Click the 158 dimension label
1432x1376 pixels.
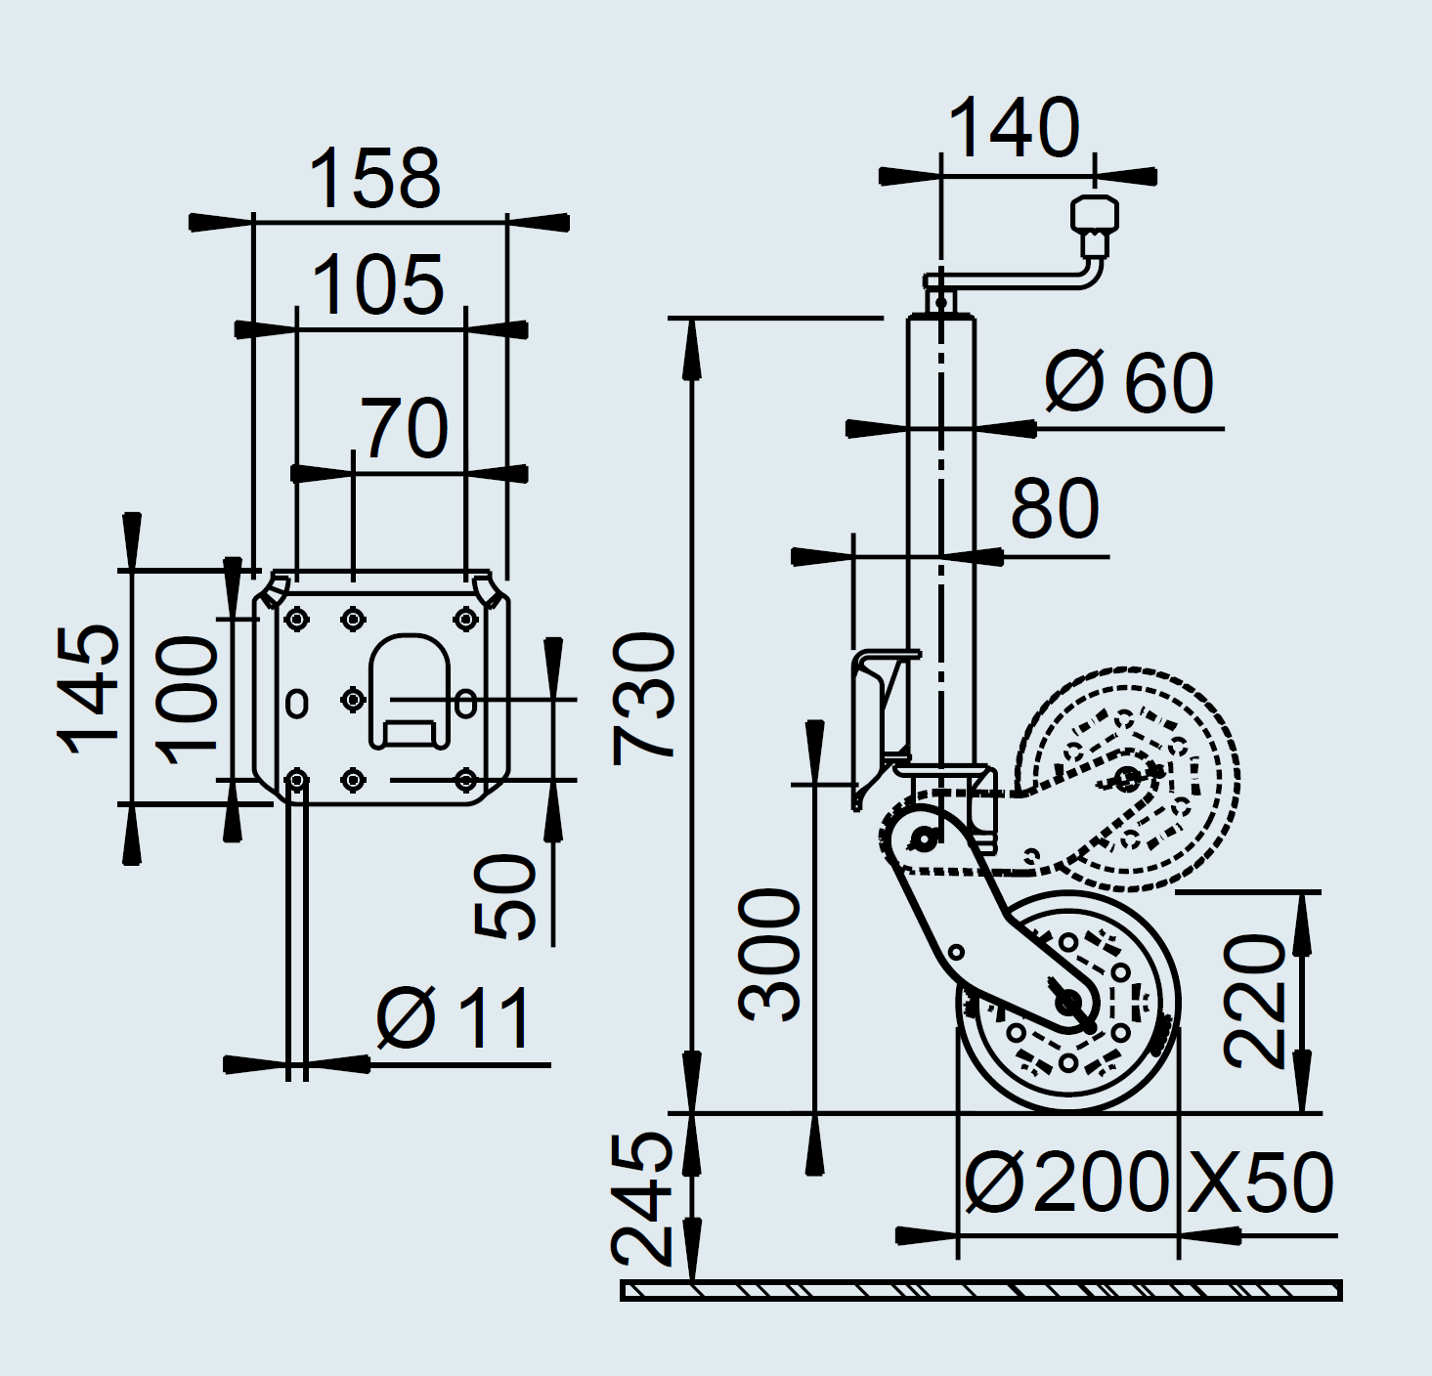(x=374, y=179)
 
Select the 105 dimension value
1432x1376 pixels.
(x=378, y=285)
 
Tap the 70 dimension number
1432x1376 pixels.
(x=405, y=429)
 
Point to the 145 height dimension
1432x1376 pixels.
(x=90, y=689)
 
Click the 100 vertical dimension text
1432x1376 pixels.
(x=189, y=699)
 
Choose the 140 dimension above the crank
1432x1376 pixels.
(x=1015, y=128)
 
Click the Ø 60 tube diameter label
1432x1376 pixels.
(x=1129, y=383)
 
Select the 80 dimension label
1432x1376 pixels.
(x=1055, y=509)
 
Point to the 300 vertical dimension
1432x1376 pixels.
(x=771, y=955)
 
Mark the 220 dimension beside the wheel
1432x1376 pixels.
(x=1254, y=1000)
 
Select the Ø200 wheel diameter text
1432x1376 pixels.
(x=1066, y=1182)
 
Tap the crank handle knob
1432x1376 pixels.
(x=1095, y=216)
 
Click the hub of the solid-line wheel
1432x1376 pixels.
(x=1068, y=1002)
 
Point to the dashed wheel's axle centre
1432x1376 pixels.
(x=1127, y=779)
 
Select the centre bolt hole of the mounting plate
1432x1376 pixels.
(x=353, y=700)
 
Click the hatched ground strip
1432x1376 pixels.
(x=981, y=1291)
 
